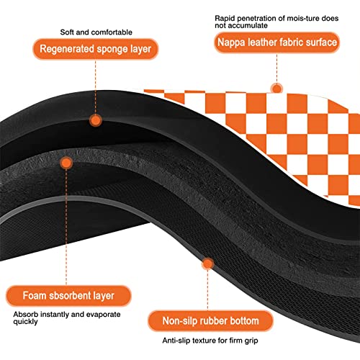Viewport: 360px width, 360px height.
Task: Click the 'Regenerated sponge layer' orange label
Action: point(96,49)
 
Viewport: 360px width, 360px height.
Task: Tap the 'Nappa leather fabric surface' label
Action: point(277,42)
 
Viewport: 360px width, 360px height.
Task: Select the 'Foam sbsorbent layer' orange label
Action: point(68,296)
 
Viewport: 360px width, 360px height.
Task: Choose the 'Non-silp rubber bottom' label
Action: point(210,321)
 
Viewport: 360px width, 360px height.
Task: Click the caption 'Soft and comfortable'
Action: point(96,32)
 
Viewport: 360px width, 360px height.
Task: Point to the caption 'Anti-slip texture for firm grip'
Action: point(210,341)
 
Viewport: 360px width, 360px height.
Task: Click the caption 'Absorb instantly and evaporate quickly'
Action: point(67,318)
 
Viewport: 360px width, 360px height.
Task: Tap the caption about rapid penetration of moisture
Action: point(276,22)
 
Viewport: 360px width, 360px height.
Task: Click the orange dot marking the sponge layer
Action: point(96,120)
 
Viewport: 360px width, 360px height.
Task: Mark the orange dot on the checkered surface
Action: point(277,89)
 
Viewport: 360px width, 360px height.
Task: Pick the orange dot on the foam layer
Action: point(66,163)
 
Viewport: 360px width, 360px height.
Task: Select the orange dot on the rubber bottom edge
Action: point(208,264)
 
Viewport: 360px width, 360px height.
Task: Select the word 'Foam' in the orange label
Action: point(35,296)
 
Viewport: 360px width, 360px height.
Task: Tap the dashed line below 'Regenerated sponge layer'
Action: point(96,87)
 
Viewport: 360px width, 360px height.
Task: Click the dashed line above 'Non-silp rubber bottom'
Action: point(208,290)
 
